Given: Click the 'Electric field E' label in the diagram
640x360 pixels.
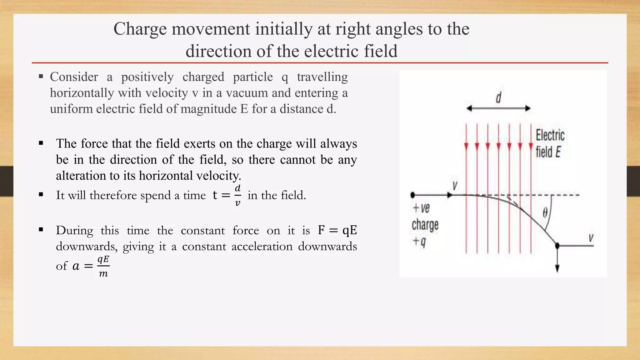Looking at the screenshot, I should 550,144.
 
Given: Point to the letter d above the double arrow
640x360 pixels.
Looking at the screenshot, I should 498,98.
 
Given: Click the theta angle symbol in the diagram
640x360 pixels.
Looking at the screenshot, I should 545,213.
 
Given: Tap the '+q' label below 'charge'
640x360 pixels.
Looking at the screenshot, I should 419,242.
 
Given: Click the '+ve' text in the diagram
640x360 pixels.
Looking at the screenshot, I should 421,208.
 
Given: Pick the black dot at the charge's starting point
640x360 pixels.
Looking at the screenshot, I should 412,195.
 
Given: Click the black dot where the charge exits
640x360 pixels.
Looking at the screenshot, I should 557,246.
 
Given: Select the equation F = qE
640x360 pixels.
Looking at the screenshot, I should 337,231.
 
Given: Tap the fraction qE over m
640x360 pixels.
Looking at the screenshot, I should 103,266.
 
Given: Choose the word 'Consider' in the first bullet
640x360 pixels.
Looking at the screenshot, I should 74,77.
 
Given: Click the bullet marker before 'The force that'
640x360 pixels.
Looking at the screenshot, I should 41,143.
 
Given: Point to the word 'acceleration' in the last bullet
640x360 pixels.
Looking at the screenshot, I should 262,247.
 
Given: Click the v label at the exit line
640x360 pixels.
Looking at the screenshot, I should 591,238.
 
